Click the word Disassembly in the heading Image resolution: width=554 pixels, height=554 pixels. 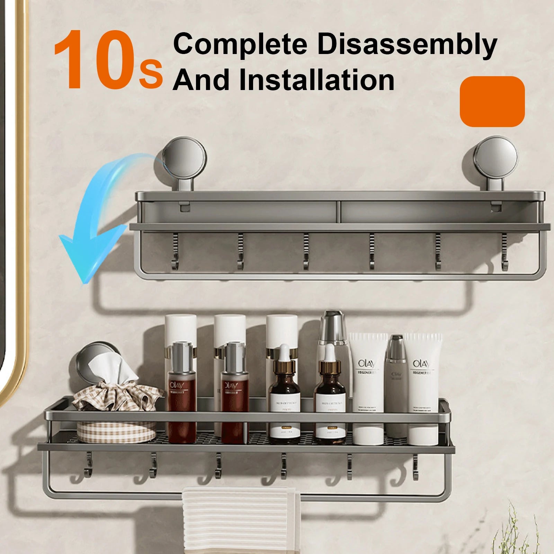pyautogui.click(x=407, y=45)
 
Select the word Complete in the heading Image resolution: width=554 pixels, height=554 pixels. pyautogui.click(x=240, y=45)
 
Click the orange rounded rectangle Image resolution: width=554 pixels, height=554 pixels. pyautogui.click(x=492, y=101)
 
